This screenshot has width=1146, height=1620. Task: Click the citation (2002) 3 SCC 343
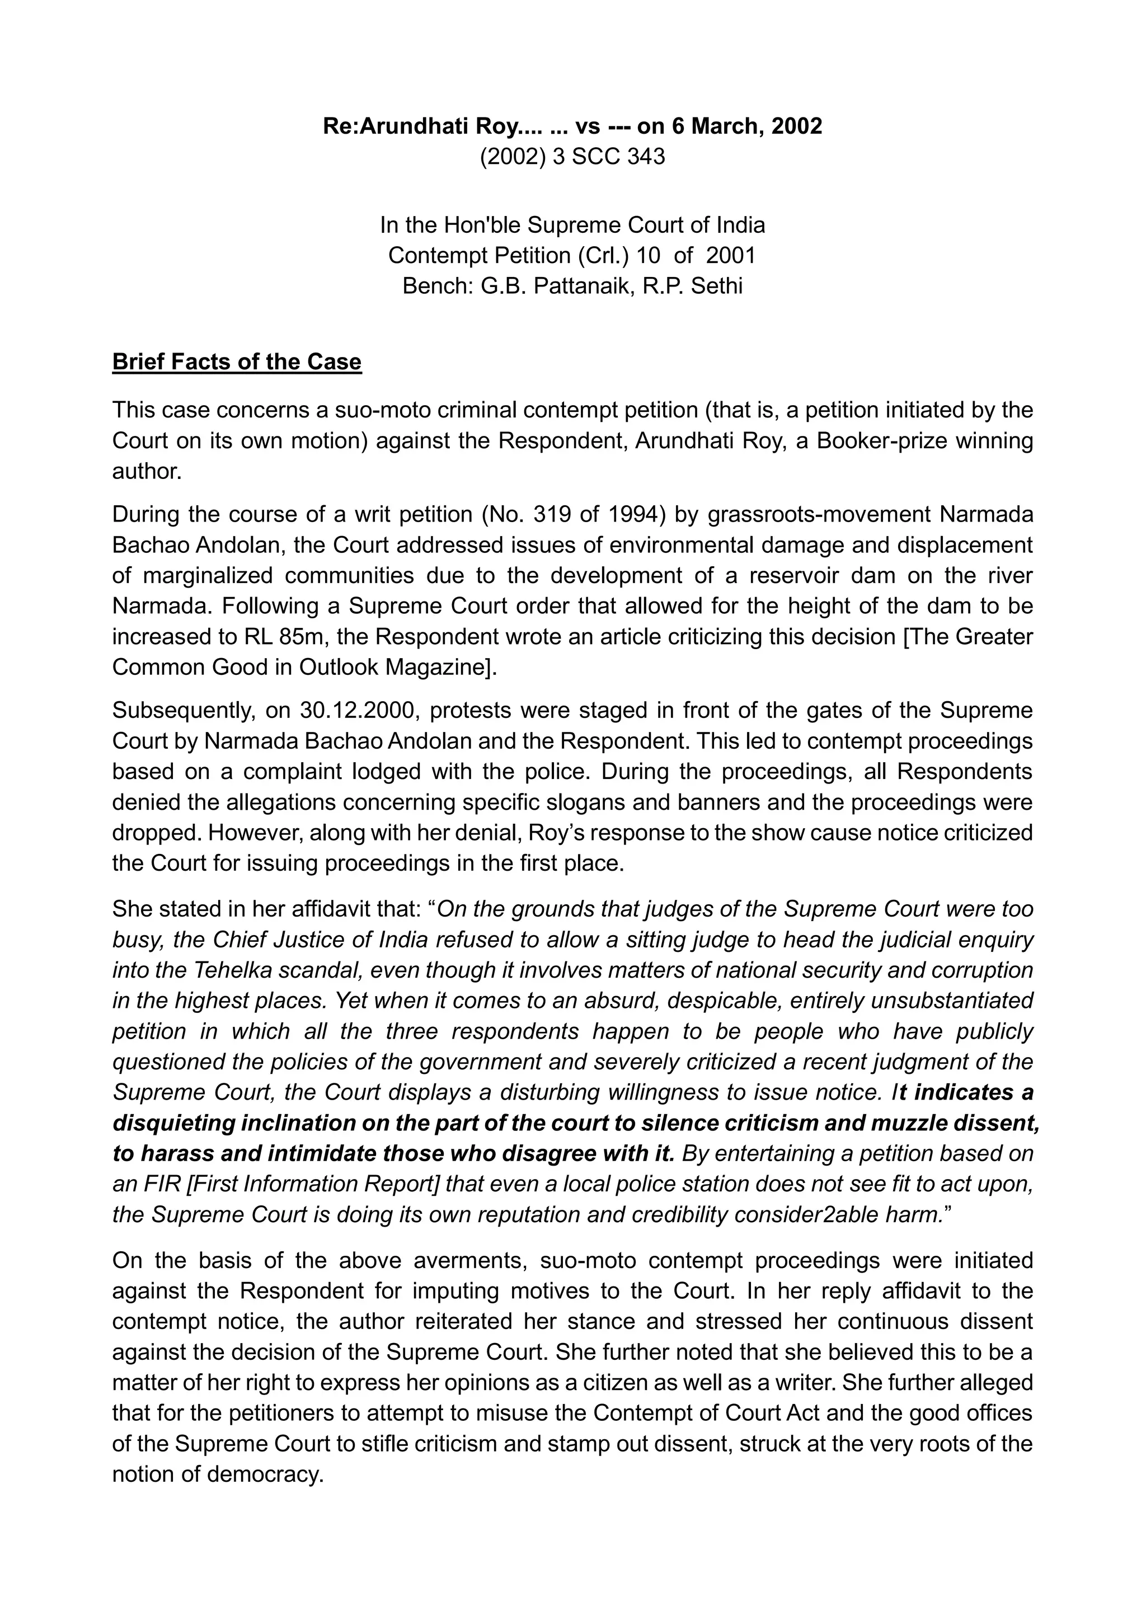572,156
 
